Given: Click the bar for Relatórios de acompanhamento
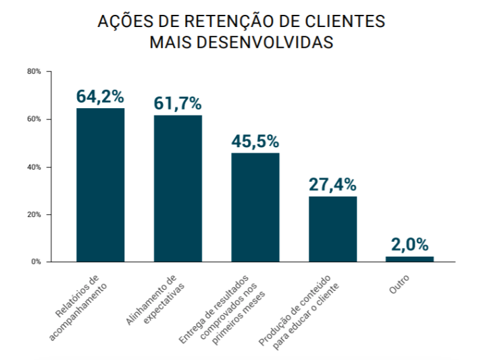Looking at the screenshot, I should click(100, 184).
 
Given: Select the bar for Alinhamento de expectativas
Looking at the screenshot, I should click(178, 188).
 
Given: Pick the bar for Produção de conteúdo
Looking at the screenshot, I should click(332, 228).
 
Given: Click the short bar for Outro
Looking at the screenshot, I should click(409, 259).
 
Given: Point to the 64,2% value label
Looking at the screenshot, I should click(100, 97).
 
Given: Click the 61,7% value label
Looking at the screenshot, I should click(178, 103).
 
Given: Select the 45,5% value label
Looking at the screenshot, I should click(255, 141).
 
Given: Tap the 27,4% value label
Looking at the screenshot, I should click(332, 184).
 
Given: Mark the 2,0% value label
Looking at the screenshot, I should click(409, 245).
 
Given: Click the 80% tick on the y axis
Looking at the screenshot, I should click(34, 72).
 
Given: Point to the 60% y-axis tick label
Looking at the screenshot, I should click(34, 120).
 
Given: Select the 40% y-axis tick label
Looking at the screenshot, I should click(34, 167).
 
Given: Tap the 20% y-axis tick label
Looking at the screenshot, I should click(34, 215).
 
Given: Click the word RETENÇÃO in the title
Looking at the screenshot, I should click(206, 22).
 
